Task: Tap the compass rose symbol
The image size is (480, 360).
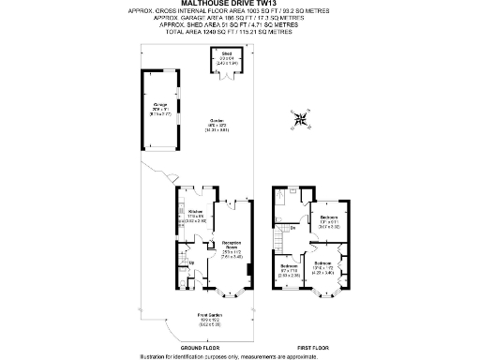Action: (x=299, y=119)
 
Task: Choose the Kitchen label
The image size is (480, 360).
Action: (x=196, y=215)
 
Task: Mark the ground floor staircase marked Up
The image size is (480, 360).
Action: (x=184, y=257)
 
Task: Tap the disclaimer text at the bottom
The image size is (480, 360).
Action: (x=241, y=355)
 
